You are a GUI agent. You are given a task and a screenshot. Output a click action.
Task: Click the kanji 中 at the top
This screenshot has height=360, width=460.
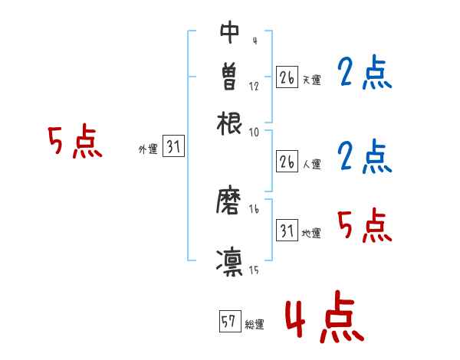[229, 32]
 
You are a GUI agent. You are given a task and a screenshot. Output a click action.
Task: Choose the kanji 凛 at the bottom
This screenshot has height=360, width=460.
[229, 261]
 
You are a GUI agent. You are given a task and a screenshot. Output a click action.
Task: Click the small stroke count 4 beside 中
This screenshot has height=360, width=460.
[254, 41]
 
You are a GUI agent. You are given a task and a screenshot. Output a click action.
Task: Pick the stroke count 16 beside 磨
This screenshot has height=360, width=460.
[254, 209]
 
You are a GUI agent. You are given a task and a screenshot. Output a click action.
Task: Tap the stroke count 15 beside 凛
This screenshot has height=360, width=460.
[254, 269]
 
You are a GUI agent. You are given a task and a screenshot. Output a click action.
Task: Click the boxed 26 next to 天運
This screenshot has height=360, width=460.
[287, 77]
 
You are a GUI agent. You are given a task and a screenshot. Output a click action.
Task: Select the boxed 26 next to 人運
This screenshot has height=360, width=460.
[287, 162]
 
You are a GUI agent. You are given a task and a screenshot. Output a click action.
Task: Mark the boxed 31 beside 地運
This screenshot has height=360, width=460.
[287, 231]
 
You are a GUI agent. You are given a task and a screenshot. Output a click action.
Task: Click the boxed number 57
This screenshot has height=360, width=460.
[228, 322]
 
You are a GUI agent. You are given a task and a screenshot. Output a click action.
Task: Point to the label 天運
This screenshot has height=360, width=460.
[311, 80]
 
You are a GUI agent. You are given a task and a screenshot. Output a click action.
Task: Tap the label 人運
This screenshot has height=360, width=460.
[311, 164]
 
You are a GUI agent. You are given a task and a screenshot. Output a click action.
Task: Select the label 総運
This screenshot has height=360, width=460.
[254, 325]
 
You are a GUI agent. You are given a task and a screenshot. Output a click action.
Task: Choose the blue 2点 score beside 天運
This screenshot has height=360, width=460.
[364, 74]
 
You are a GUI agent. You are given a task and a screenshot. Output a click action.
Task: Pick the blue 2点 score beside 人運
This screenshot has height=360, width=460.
[364, 156]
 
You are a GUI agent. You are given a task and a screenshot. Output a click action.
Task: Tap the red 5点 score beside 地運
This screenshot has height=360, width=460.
[364, 225]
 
